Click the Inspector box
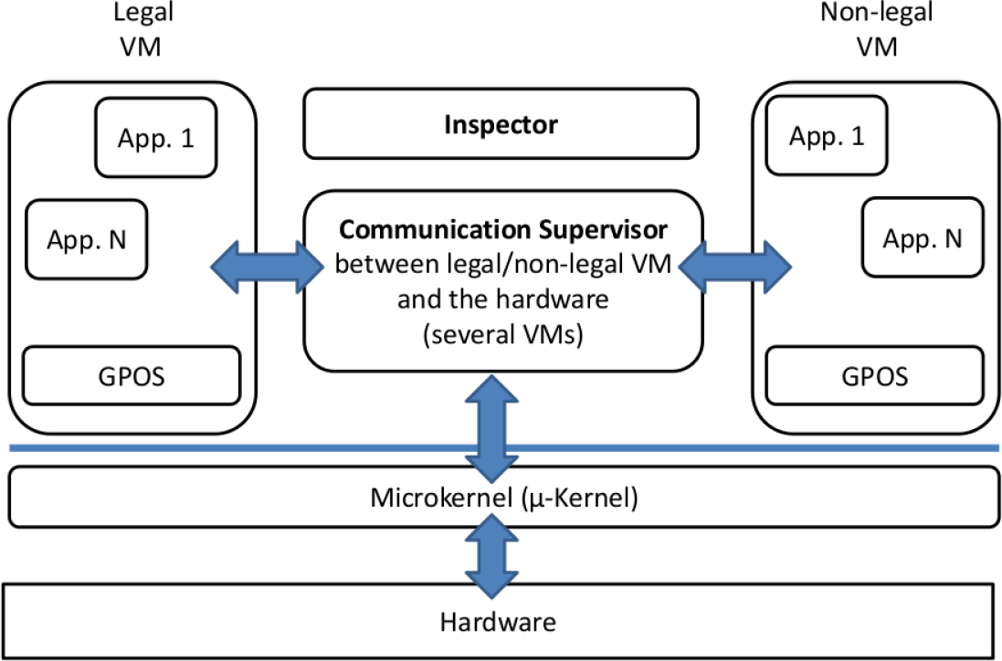point(501,124)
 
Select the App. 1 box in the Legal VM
point(156,139)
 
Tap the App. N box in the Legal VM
point(87,240)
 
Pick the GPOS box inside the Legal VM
point(132,375)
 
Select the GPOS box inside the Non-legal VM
point(874,375)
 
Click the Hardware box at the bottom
point(498,623)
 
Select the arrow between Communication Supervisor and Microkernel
point(493,427)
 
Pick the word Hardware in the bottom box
point(498,623)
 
